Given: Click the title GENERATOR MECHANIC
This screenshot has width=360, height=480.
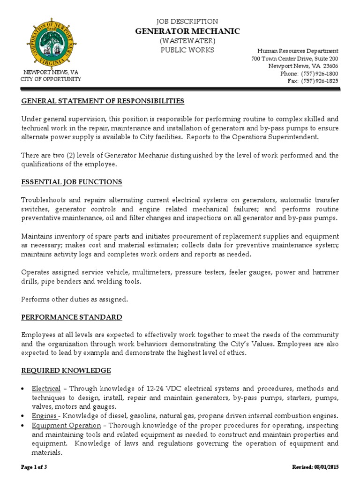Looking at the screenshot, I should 187,31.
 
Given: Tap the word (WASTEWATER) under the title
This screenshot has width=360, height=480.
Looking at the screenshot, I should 187,41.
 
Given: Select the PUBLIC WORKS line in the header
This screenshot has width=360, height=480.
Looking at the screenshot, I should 187,50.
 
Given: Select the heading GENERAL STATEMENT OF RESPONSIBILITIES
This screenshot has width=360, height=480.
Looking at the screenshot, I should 103,101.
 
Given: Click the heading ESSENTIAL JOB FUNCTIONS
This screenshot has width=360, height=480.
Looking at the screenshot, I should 72,182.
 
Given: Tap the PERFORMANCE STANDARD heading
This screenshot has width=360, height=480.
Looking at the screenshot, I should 72,317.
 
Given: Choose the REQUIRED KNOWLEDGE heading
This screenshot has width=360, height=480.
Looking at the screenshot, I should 66,371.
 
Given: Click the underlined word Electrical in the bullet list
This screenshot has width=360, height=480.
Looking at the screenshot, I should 46,389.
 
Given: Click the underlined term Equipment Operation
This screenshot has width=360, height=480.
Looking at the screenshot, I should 66,425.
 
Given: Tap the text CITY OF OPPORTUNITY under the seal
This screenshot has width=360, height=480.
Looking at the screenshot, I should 51,79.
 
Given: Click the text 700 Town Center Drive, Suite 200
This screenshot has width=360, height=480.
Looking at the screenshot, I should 294,59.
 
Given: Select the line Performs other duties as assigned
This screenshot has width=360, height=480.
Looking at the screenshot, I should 75,299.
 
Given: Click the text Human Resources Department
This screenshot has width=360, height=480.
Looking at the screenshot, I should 297,51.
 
